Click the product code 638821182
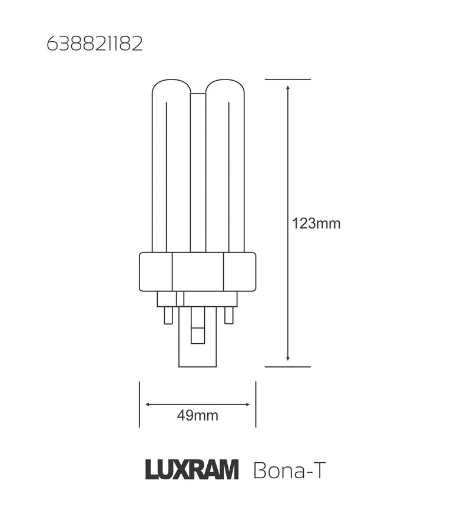95,45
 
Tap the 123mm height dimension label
316,224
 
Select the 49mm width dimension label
197,416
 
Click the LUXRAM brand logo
191,471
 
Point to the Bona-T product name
288,471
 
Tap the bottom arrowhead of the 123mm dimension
287,357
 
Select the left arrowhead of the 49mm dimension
148,405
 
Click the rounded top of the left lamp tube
171,85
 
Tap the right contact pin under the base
229,315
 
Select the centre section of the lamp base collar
197,271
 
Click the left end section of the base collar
155,271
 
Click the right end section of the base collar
240,271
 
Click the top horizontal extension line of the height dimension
287,79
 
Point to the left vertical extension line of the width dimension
139,405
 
